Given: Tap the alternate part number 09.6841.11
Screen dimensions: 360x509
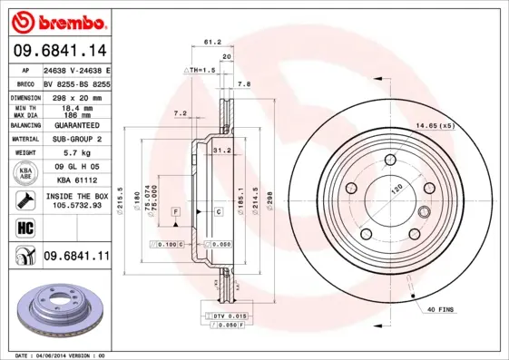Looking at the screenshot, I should (x=75, y=257).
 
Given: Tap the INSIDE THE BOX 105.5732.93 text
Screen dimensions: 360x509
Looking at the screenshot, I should (x=75, y=200).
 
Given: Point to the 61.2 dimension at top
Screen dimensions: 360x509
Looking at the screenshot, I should (x=212, y=42).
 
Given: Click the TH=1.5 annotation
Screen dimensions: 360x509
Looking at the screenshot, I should (x=201, y=70).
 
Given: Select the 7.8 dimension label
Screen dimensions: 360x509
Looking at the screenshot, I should (x=244, y=83).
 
